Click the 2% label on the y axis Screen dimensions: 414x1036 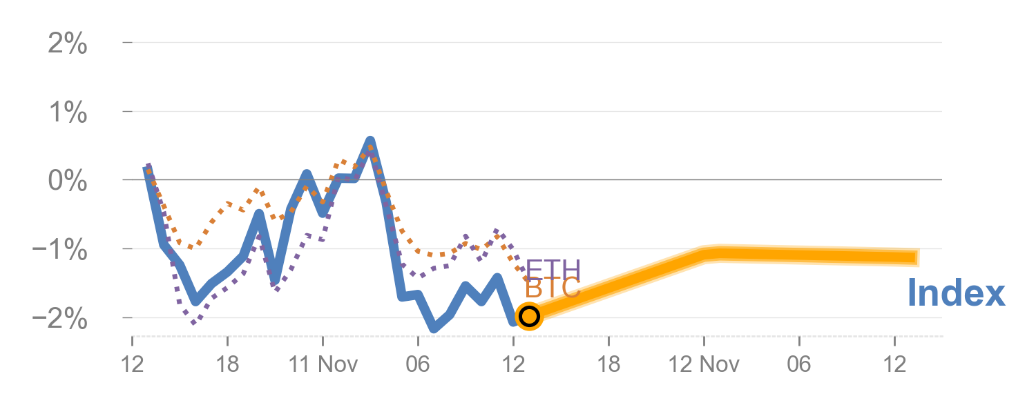click(68, 45)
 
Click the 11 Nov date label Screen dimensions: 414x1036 click(322, 363)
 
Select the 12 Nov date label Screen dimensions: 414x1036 click(704, 363)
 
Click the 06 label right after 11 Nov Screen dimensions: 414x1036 click(418, 363)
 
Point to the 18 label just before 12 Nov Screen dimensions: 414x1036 click(608, 363)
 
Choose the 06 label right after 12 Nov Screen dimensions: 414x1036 click(799, 363)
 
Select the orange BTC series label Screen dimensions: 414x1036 click(552, 288)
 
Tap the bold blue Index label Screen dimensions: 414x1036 click(956, 293)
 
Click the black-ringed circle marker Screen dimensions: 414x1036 click(529, 316)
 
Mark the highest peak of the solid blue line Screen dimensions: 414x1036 click(370, 141)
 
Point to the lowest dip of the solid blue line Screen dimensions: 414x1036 click(434, 329)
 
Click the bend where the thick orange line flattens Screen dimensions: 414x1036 click(711, 253)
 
